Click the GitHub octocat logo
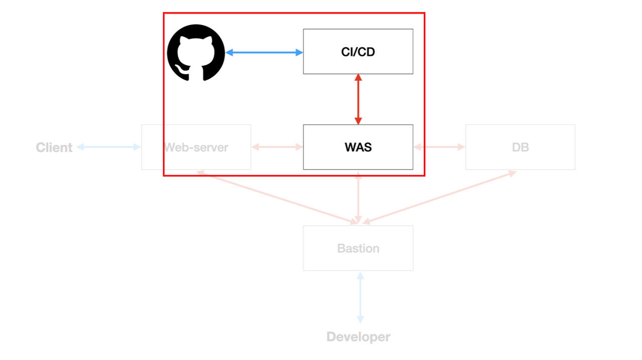pyautogui.click(x=196, y=52)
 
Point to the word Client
pyautogui.click(x=54, y=147)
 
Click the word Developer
pyautogui.click(x=358, y=337)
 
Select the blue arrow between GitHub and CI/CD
pyautogui.click(x=264, y=52)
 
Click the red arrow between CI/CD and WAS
pyautogui.click(x=358, y=99)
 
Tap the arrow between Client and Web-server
pyautogui.click(x=108, y=147)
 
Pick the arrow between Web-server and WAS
pyautogui.click(x=277, y=147)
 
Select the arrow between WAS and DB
pyautogui.click(x=439, y=147)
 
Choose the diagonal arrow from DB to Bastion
pyautogui.click(x=439, y=197)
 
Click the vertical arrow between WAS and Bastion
pyautogui.click(x=358, y=198)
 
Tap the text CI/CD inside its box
pyautogui.click(x=358, y=52)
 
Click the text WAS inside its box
pyautogui.click(x=358, y=147)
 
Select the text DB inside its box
pyautogui.click(x=520, y=147)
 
